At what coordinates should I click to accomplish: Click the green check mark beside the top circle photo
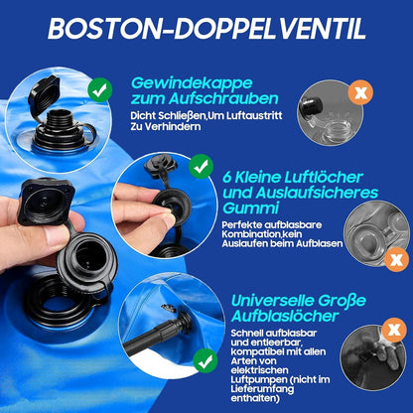pos(99,90)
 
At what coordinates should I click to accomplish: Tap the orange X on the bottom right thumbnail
pos(395,329)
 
